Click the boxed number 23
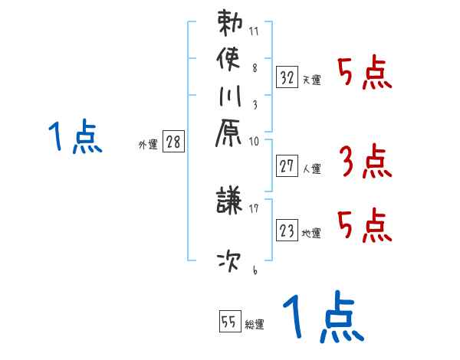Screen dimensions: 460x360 (287, 228)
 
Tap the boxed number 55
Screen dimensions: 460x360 (228, 322)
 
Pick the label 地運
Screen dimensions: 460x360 (311, 233)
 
